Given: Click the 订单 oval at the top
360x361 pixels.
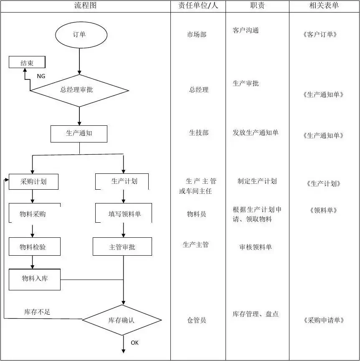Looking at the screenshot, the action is coord(81,35).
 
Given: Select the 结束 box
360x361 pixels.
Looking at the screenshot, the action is coord(27,62).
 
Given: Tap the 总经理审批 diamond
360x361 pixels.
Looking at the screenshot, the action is coord(79,91).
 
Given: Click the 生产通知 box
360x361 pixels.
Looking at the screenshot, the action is coord(79,134).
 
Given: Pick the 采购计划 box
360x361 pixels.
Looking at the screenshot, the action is coord(33,182).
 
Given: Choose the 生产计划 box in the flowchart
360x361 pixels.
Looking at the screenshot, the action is coord(122,181).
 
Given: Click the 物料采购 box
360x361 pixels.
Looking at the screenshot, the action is coord(35,213).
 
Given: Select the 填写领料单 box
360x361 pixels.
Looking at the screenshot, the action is coord(124,213).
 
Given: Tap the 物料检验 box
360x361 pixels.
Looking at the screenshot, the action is coord(35,247).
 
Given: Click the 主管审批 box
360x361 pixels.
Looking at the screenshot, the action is coord(122,247).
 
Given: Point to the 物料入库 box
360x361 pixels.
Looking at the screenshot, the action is coord(35,280).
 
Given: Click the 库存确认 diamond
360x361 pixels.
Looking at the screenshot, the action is coord(122,320).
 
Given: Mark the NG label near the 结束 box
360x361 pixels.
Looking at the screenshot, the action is coord(41,76).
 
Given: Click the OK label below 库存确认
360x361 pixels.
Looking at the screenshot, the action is coord(134,343).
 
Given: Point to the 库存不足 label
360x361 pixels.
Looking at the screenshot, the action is coord(37,312).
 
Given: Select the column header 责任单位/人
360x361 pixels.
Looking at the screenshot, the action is coord(198,5).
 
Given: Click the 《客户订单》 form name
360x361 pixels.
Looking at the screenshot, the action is coord(320,35).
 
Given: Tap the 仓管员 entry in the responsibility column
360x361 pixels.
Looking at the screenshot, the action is coord(196,320).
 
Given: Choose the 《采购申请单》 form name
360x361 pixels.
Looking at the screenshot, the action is coord(324,320).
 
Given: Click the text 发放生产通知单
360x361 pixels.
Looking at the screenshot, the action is coord(255,132).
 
